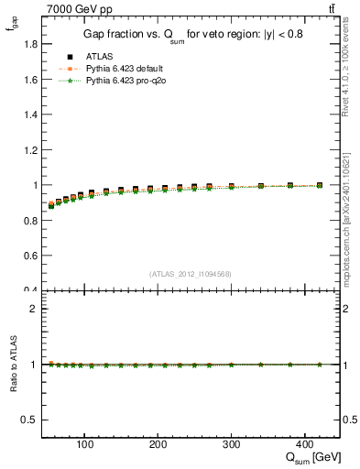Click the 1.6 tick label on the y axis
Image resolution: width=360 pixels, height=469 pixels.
(x=30, y=80)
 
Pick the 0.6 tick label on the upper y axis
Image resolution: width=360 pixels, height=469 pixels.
(x=30, y=256)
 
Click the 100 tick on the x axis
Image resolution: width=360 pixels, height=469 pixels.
(x=84, y=445)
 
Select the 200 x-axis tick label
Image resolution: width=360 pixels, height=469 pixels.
(x=158, y=445)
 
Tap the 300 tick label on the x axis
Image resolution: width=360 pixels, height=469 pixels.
(x=232, y=445)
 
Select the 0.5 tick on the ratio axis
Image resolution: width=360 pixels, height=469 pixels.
(x=30, y=420)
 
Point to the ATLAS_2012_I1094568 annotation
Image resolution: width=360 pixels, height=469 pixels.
(x=189, y=273)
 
